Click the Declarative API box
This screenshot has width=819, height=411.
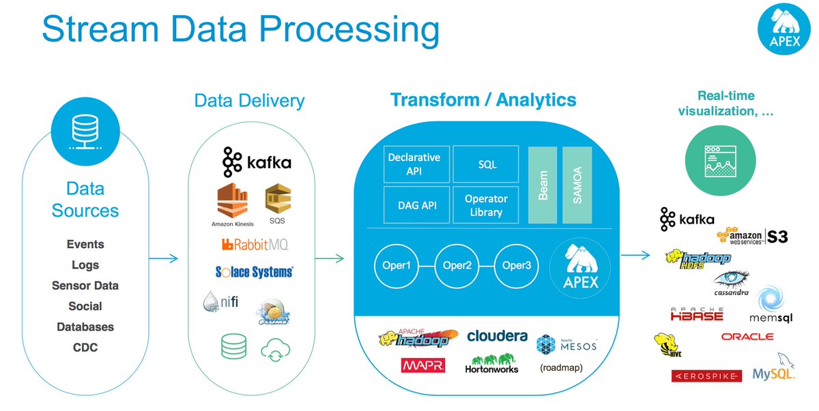pos(414,164)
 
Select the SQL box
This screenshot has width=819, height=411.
pos(487,164)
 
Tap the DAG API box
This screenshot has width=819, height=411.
pos(414,205)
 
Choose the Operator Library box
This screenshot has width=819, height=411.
pos(486,205)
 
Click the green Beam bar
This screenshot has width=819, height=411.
pos(543,184)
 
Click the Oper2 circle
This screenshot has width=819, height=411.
pos(457,265)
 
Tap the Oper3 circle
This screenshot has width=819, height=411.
pos(517,265)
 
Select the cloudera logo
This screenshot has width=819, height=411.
pos(497,336)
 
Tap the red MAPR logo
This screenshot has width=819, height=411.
pos(423,366)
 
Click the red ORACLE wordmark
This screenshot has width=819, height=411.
pos(747,337)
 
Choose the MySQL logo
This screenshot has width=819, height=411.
pos(773,369)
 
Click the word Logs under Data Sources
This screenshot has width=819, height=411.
pos(85,265)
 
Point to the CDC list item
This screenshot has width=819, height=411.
pos(85,348)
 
